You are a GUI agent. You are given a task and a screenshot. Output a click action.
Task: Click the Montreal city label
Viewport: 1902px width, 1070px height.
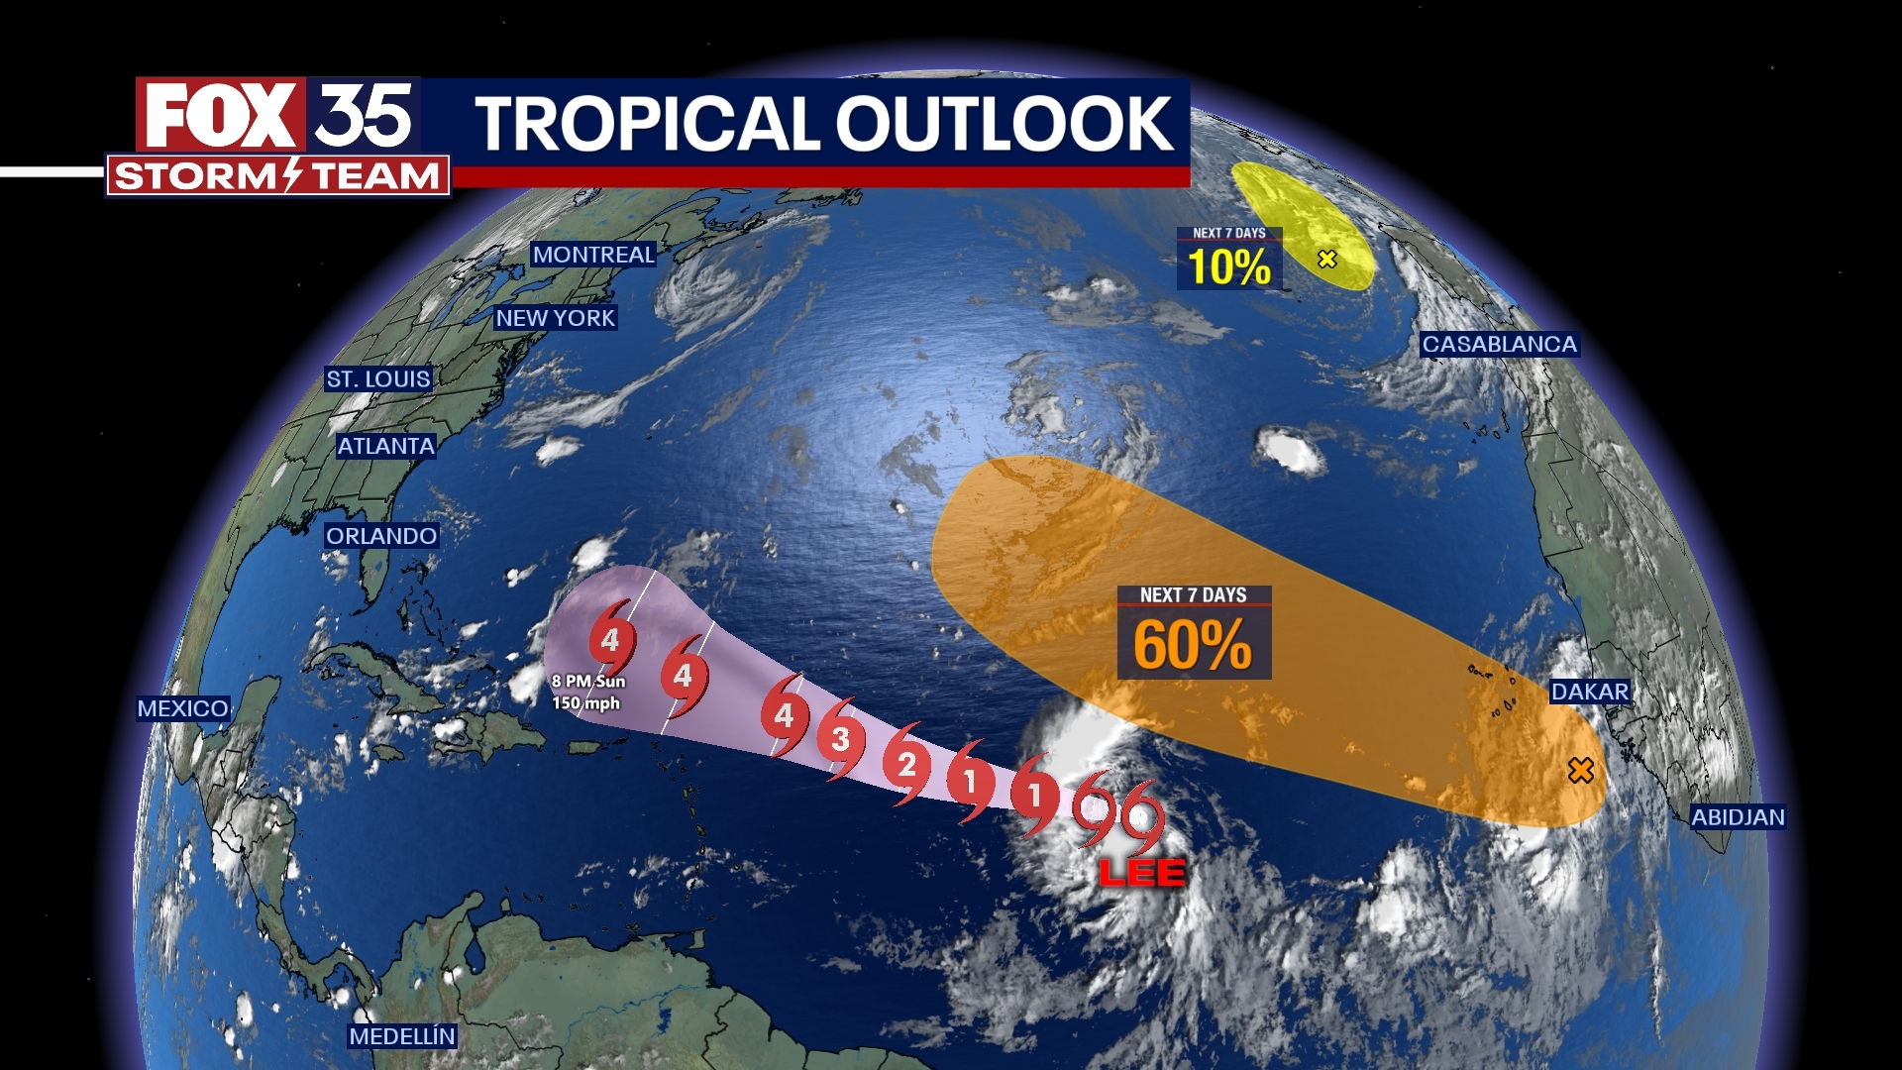593,255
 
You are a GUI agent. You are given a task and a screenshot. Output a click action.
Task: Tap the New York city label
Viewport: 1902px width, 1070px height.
555,318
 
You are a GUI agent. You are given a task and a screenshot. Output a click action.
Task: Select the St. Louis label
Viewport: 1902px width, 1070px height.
378,378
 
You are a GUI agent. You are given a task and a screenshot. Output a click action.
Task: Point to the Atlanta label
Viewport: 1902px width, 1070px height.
385,446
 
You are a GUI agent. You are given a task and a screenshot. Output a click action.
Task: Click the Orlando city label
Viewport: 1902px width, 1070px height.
381,536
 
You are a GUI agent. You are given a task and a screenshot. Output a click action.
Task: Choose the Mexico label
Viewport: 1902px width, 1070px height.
183,708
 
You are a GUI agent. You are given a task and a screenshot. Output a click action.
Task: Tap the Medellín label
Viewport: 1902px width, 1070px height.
402,1036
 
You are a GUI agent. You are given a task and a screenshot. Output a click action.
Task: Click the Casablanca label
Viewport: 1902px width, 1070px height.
1500,344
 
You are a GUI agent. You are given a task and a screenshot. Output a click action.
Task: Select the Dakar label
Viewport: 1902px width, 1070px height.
1590,692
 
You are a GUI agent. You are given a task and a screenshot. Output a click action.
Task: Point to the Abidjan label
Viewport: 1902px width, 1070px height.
1738,817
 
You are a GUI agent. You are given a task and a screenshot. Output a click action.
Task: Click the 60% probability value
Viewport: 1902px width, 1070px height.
1193,645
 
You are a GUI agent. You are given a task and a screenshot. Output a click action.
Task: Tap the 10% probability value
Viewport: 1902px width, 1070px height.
1229,267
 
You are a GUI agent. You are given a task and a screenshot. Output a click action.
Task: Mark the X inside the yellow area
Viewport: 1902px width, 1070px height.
1327,259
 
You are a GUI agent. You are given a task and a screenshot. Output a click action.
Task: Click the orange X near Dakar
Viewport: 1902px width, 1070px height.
1581,770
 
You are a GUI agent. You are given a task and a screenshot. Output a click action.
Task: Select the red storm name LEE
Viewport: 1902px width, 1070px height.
1142,873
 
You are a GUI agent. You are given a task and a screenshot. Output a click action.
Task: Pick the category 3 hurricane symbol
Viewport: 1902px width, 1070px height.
840,738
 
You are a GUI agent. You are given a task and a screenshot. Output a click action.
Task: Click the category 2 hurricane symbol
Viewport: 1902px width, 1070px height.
906,764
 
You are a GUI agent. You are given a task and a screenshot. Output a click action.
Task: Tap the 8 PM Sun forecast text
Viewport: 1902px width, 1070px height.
588,682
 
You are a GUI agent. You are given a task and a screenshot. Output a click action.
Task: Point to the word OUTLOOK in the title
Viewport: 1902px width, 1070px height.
1004,124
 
